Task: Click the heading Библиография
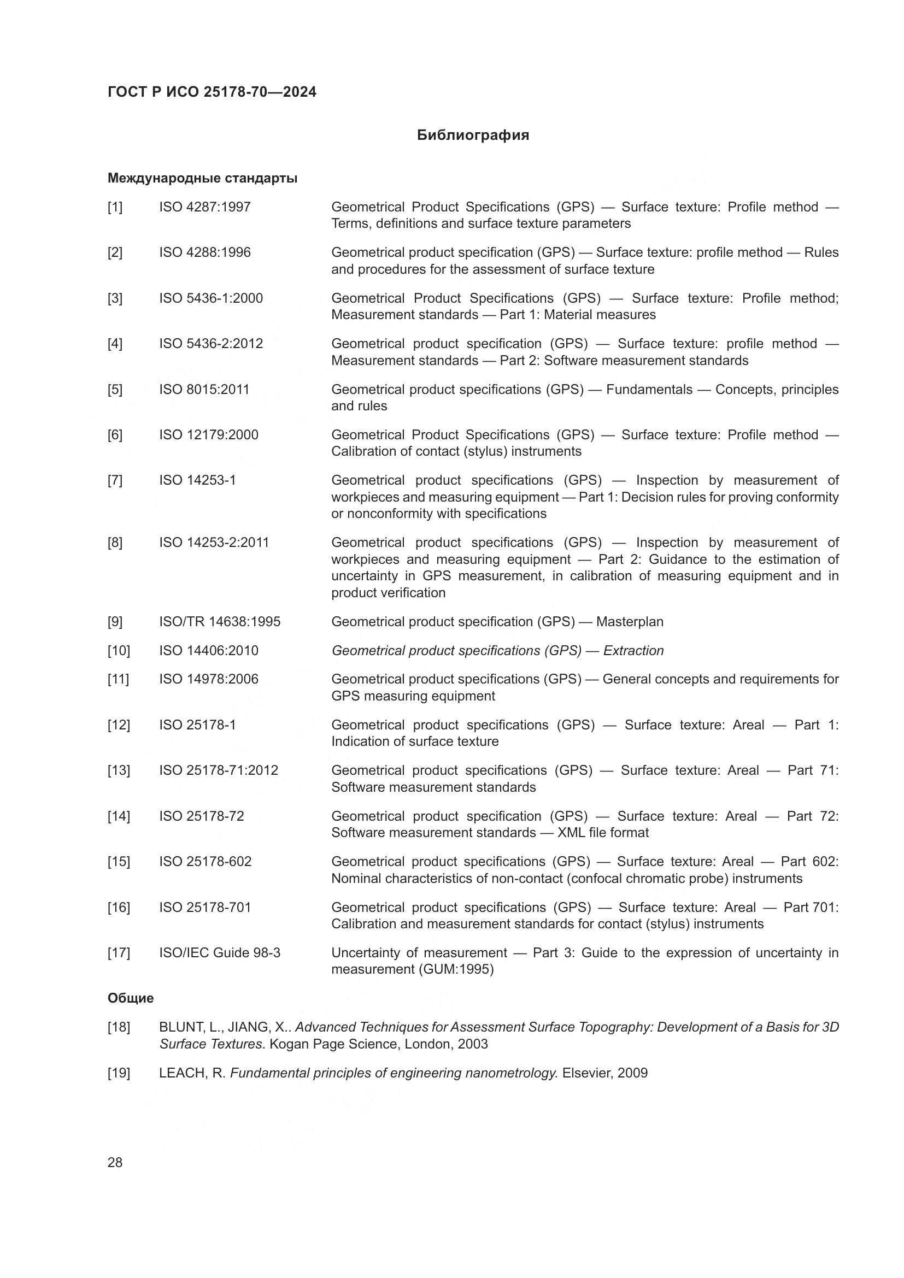click(x=473, y=136)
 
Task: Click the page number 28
click(x=115, y=1162)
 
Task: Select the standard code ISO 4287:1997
click(x=205, y=207)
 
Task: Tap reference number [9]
click(x=115, y=622)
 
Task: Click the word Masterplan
click(x=630, y=622)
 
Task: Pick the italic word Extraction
click(x=633, y=651)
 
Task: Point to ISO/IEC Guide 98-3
click(x=219, y=953)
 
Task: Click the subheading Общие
click(x=130, y=999)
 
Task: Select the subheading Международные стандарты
click(x=202, y=178)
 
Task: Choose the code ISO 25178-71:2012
click(x=218, y=770)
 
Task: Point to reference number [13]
click(x=118, y=770)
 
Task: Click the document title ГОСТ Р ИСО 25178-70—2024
click(x=212, y=92)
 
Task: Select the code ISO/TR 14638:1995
click(x=219, y=622)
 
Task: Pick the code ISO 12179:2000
click(x=208, y=435)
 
